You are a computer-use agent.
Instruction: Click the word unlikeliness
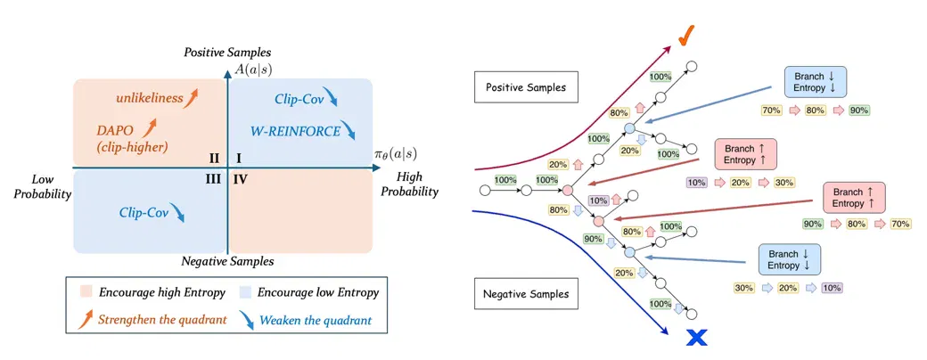149,99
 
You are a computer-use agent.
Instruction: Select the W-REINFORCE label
295,131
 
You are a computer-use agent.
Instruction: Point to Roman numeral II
214,158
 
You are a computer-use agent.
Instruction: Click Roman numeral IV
240,178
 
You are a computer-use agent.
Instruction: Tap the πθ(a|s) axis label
396,155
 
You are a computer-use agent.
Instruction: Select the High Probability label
409,185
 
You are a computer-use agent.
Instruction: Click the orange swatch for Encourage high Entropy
86,292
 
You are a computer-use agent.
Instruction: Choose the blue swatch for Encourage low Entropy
244,292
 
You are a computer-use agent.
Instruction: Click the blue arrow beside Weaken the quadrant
247,320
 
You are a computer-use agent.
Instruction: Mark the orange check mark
685,40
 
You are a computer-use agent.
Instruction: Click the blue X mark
696,338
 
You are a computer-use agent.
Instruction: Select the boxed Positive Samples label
526,87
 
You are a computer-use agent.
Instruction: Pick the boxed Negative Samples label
526,293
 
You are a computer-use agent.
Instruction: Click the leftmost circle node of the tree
485,191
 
